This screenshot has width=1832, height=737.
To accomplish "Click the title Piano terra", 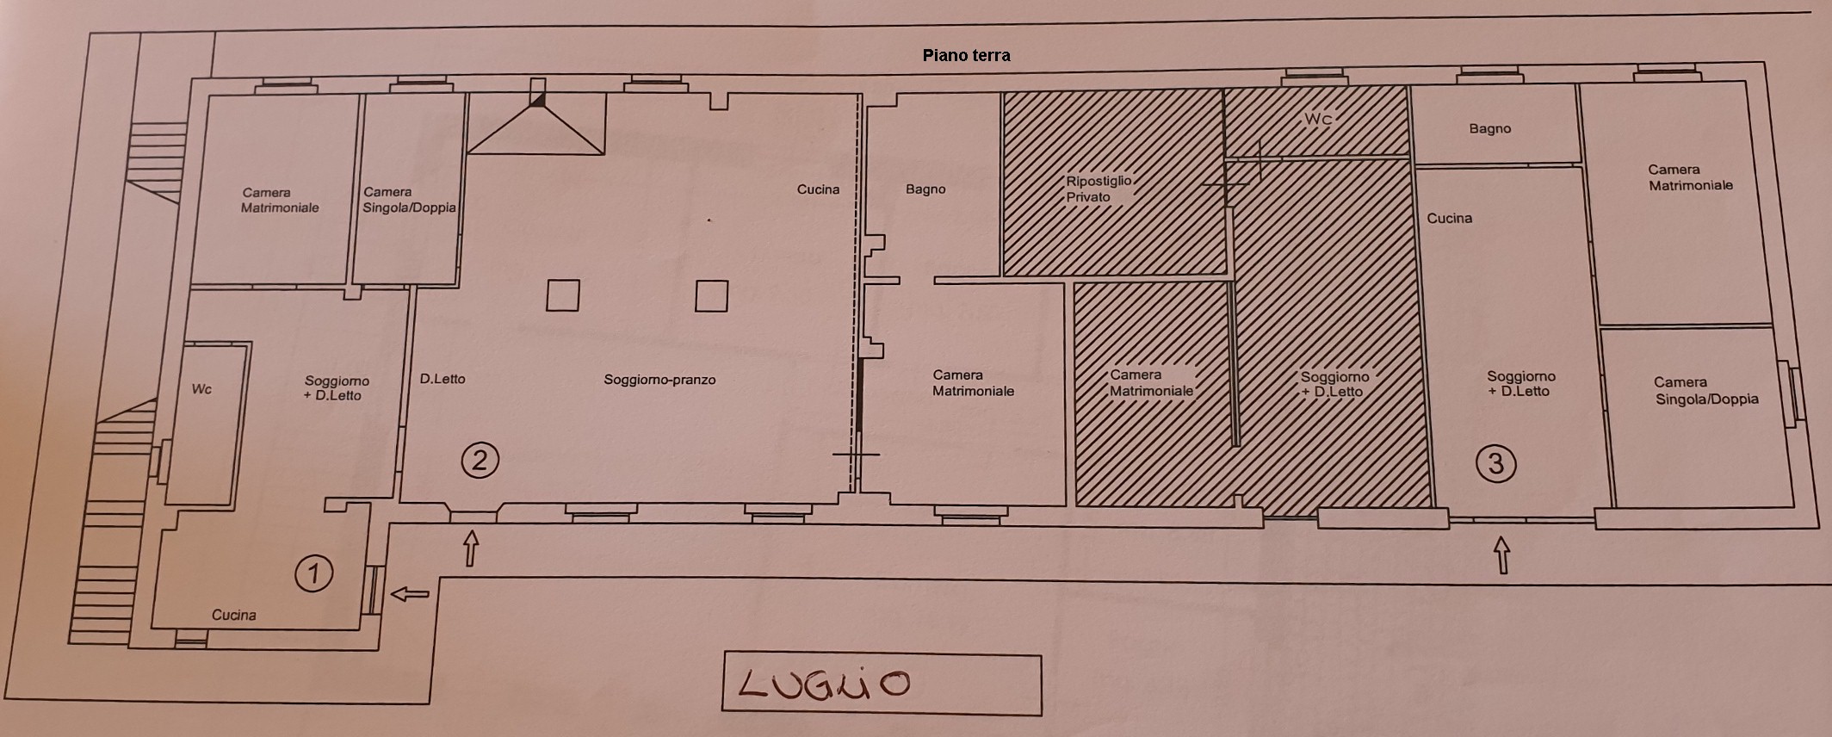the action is click(966, 55).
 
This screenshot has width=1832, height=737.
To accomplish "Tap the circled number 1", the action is click(313, 573).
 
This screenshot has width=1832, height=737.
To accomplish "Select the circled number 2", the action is click(480, 460).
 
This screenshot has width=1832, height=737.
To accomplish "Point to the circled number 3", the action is click(1495, 464).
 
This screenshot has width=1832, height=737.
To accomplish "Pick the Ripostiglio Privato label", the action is click(1099, 189).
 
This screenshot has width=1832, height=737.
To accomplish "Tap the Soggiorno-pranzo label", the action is click(659, 380).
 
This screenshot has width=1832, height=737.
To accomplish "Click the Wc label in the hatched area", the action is click(1318, 119).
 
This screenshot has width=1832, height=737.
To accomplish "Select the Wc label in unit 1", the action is click(201, 389).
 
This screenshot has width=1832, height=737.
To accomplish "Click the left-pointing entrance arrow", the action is click(410, 593).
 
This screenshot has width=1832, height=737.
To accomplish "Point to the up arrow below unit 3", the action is click(1502, 555).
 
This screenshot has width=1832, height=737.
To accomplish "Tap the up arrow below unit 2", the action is click(471, 548).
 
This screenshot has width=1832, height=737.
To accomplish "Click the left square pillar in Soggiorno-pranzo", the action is click(563, 295).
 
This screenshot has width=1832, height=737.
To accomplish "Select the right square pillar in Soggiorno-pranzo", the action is click(712, 296).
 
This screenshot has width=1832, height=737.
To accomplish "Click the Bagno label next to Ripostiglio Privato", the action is click(925, 189).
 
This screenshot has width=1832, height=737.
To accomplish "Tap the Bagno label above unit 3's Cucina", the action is click(1490, 129).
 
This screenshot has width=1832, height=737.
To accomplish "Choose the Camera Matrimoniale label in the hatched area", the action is click(1151, 383).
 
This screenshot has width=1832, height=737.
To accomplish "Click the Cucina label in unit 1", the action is click(234, 615).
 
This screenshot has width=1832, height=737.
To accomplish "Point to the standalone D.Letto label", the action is click(443, 379).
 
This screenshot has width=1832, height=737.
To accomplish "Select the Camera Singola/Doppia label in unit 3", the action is click(1706, 391).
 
